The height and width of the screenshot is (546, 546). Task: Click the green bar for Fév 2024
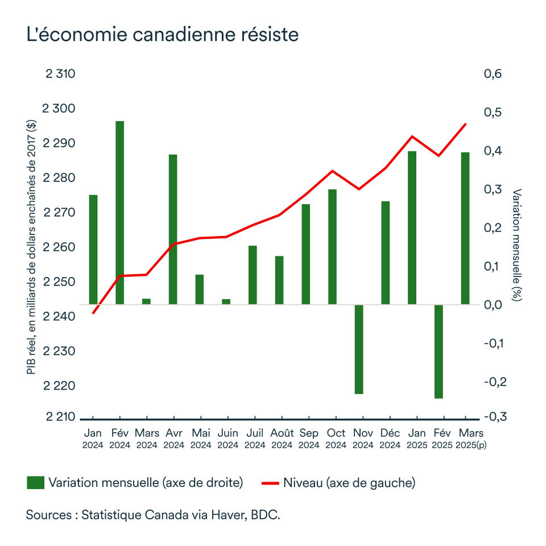pos(119,213)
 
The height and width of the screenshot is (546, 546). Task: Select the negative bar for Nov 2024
pos(359,349)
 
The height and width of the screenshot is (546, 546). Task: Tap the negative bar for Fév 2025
pos(438,351)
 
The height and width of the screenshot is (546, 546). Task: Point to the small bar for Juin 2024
pos(226,301)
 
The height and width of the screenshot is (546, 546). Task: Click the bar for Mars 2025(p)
pos(465,228)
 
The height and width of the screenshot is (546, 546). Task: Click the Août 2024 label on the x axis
pos(282,439)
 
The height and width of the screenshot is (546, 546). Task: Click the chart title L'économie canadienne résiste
pos(162,35)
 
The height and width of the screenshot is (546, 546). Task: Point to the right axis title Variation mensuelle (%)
pos(516,245)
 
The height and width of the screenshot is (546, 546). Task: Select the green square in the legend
pos(35,483)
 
